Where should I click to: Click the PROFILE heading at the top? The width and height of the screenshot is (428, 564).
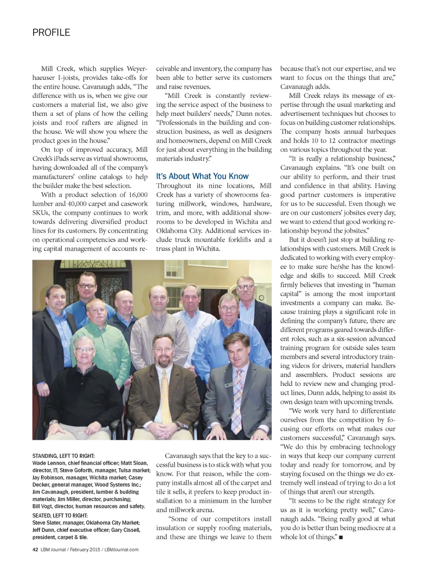51,33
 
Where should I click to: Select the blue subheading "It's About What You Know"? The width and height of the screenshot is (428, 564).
202,176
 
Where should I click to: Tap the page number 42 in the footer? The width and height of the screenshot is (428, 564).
35,549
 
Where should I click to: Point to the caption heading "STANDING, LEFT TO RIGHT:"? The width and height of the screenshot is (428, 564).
64,456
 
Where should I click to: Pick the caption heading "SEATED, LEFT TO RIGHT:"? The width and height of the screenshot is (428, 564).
60,516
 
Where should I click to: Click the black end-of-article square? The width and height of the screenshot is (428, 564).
341,537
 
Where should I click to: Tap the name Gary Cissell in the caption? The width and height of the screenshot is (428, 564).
125,530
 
